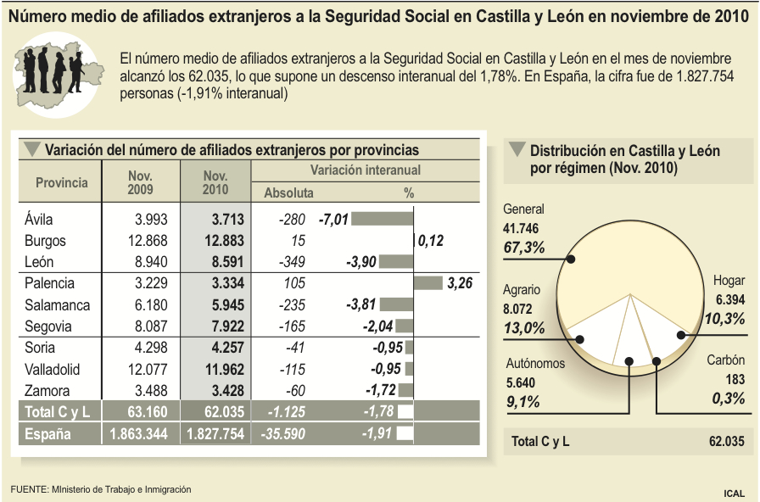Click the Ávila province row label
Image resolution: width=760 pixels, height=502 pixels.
[x=39, y=220]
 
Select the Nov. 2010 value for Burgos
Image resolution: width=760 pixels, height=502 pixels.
[x=222, y=241]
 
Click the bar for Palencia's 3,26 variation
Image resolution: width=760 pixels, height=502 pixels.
[x=427, y=282]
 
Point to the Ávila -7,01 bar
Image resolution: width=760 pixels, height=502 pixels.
[x=381, y=220]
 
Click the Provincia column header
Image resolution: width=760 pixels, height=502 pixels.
[x=61, y=182]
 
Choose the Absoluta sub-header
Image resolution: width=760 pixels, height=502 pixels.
[x=288, y=193]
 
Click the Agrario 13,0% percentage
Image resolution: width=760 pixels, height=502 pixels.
[x=524, y=327]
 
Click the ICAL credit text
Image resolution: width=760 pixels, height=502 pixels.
[x=735, y=492]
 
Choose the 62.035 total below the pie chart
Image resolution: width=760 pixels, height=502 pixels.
[x=726, y=442]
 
